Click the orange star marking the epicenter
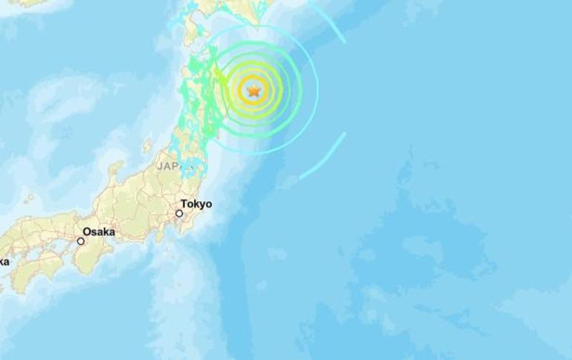click(x=253, y=91)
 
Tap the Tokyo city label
click(x=195, y=204)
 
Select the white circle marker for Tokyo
click(x=179, y=214)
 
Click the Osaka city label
click(x=99, y=232)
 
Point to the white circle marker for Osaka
click(x=81, y=240)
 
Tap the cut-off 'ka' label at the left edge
click(x=4, y=261)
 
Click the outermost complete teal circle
click(x=318, y=91)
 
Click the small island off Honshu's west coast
click(x=146, y=144)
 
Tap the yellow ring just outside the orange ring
click(x=253, y=73)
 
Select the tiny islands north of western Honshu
click(x=30, y=198)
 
